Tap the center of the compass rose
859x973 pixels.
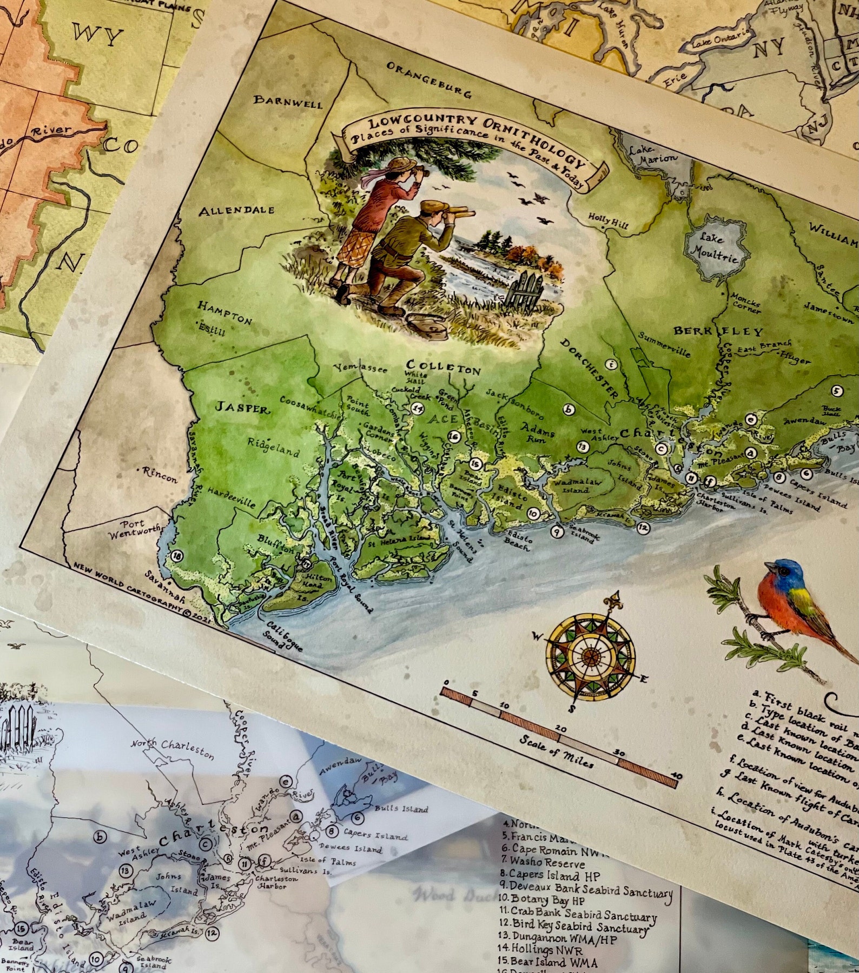tap(590, 656)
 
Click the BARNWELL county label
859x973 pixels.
tap(288, 101)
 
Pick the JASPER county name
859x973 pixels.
tap(242, 408)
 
